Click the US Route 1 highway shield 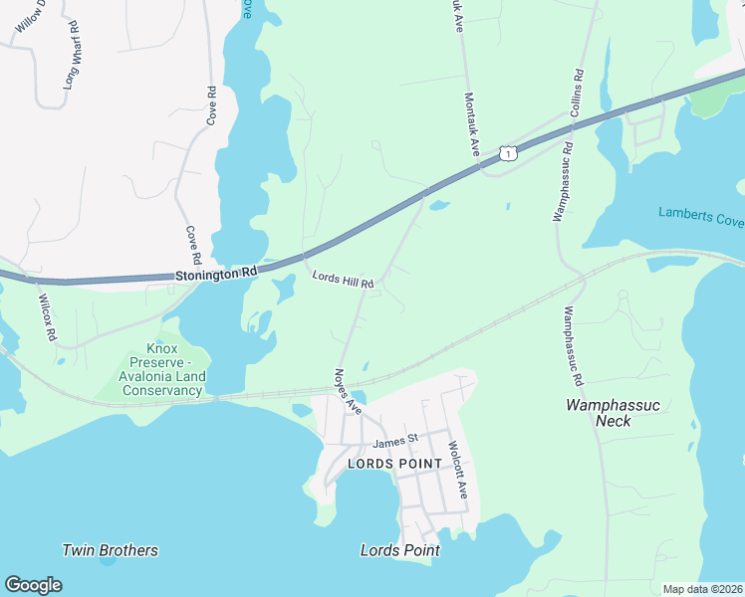[509, 153]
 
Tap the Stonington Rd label [216, 273]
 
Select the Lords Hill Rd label [343, 280]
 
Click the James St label [394, 441]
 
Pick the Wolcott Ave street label [457, 470]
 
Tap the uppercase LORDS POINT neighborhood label [394, 465]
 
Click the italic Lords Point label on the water [399, 550]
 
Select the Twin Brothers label [110, 550]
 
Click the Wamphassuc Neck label [612, 413]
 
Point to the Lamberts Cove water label [700, 215]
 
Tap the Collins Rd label [576, 93]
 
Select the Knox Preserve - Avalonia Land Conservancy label [163, 369]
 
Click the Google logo [33, 585]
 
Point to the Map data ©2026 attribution [702, 589]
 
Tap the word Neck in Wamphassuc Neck [613, 421]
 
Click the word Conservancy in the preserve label [163, 390]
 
